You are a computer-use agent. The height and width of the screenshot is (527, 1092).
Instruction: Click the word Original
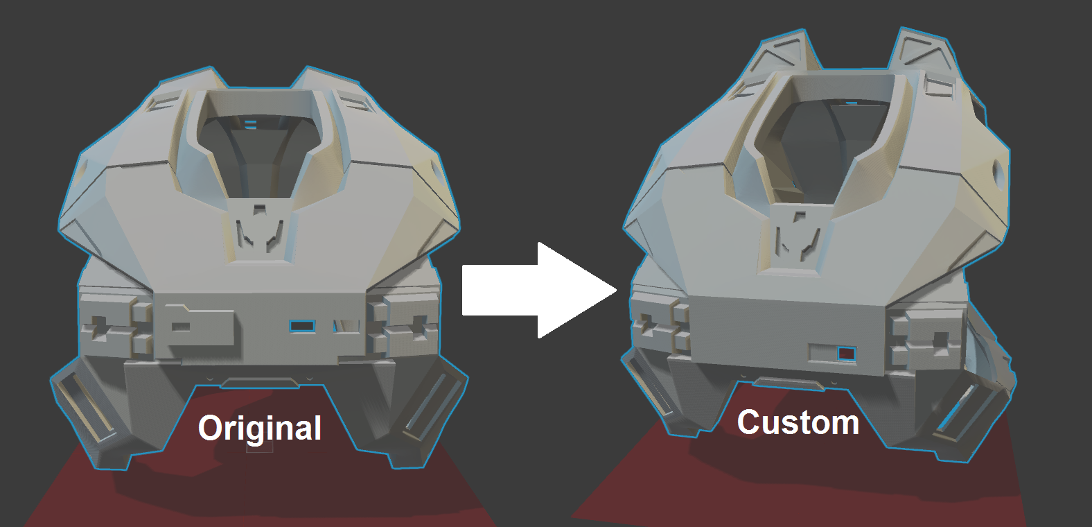pos(260,428)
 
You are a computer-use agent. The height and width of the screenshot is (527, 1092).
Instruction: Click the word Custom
pos(798,422)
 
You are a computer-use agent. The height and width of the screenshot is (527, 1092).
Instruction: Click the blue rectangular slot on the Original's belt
pos(302,326)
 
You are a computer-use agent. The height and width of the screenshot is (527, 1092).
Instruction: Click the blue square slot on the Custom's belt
pos(846,354)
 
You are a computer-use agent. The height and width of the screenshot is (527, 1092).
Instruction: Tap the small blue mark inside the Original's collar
pos(251,125)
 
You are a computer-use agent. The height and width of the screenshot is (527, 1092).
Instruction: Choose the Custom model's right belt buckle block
pos(925,340)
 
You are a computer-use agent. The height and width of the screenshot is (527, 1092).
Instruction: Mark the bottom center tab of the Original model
pos(261,383)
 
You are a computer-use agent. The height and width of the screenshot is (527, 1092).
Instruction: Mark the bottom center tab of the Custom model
pos(789,383)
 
